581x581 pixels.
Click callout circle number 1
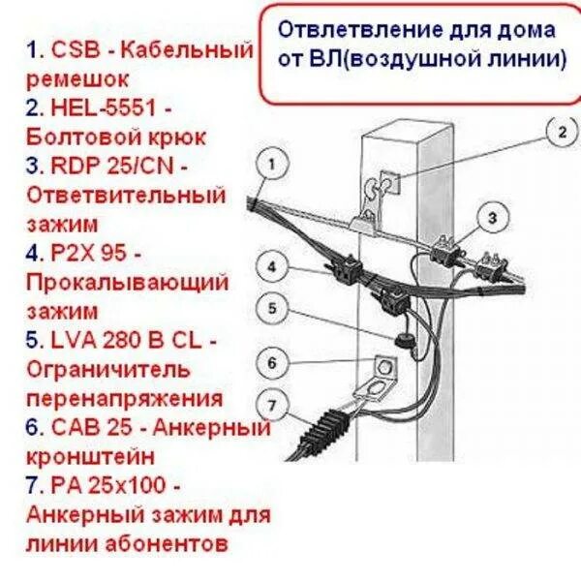click(x=276, y=165)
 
